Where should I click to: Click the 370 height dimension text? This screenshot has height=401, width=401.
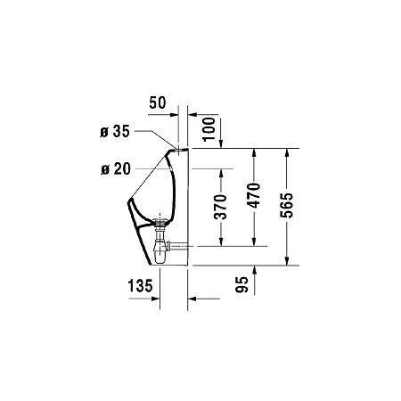click(221, 206)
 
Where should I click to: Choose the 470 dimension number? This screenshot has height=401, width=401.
click(255, 198)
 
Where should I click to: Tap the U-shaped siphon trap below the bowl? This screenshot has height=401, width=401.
click(161, 254)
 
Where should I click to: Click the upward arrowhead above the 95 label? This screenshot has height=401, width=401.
click(255, 268)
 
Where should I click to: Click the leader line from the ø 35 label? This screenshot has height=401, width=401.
click(160, 138)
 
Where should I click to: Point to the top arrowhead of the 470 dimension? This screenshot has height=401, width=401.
click(255, 151)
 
